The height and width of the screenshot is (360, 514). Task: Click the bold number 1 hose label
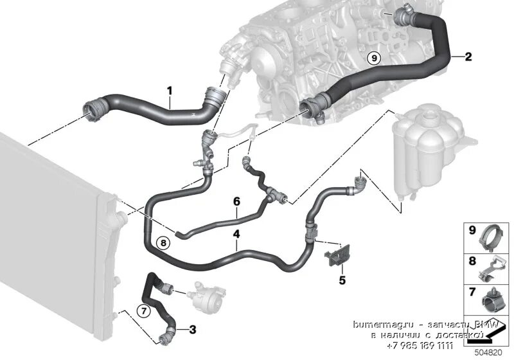[x=170, y=91]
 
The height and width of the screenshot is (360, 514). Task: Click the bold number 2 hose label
[x=468, y=57]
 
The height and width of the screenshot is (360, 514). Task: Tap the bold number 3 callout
[x=193, y=330]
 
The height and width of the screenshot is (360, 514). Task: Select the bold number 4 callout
[x=236, y=235]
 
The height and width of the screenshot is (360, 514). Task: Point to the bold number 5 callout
[x=342, y=280]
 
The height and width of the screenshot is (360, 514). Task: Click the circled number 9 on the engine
[x=375, y=58]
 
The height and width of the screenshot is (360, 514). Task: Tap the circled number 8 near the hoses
[x=163, y=242]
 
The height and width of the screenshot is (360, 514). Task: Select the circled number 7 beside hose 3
[x=144, y=312]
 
